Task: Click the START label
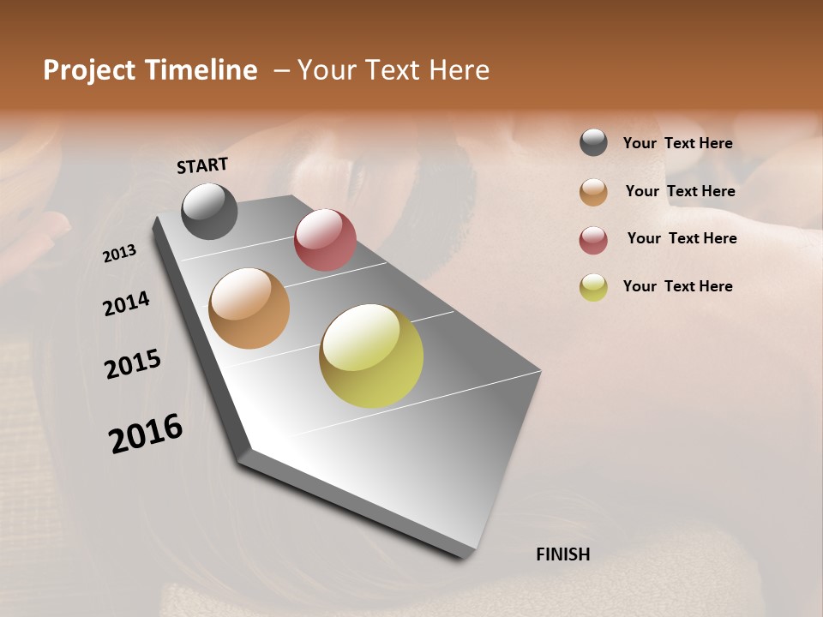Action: [x=202, y=165]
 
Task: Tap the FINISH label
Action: [x=562, y=554]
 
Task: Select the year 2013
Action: [x=120, y=254]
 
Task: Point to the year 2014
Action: [x=127, y=303]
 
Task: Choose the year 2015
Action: [x=133, y=364]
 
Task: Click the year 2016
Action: [x=146, y=433]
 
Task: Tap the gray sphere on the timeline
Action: [x=209, y=211]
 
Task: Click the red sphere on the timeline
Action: [x=325, y=240]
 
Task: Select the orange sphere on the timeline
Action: [x=249, y=308]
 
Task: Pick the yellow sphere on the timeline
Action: [x=371, y=356]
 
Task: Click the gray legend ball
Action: [x=593, y=143]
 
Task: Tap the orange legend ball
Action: [x=593, y=192]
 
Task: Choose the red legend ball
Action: [x=593, y=240]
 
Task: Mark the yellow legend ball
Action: [x=593, y=287]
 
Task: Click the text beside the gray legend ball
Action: [x=677, y=144]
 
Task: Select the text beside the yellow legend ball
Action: [x=677, y=286]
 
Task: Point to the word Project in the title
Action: [x=89, y=70]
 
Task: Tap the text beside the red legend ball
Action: [x=682, y=238]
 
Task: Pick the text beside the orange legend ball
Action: [x=680, y=191]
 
